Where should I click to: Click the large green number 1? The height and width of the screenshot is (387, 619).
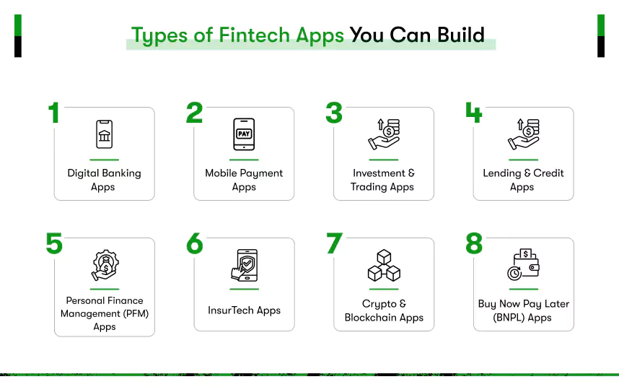53,113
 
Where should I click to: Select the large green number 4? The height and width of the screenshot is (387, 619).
473,113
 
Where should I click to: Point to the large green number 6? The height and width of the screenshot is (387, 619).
194,244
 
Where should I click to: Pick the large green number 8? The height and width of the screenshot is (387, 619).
473,244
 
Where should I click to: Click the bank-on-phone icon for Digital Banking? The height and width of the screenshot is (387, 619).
105,134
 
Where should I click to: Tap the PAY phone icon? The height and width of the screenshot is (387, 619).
244,134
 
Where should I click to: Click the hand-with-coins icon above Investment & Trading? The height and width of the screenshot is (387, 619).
383,134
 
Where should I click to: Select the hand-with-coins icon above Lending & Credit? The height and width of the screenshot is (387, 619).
523,134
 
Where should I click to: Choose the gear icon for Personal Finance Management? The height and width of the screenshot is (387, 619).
105,265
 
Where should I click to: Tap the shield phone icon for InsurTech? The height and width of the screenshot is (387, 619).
243,265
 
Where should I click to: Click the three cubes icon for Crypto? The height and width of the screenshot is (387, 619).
383,265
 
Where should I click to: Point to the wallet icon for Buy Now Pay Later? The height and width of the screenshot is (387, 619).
523,265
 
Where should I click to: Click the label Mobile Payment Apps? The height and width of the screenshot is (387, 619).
244,180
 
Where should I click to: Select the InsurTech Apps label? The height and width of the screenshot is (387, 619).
244,310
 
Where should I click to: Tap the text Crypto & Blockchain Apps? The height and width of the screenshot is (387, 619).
384,310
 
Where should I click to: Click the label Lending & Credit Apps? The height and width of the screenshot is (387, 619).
523,180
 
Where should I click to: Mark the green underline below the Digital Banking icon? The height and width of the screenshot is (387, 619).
105,159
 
